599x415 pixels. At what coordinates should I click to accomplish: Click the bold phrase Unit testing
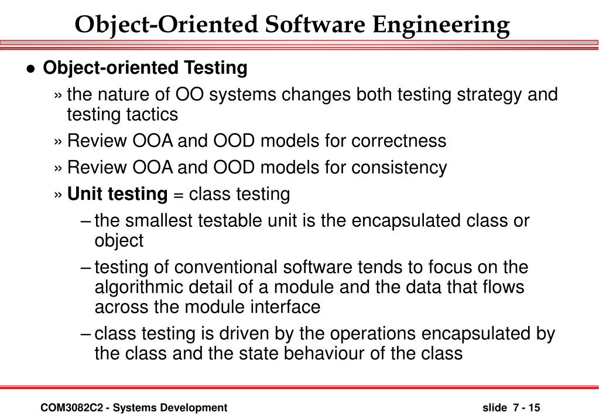coord(117,193)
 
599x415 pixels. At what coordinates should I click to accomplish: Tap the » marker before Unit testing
coord(59,194)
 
